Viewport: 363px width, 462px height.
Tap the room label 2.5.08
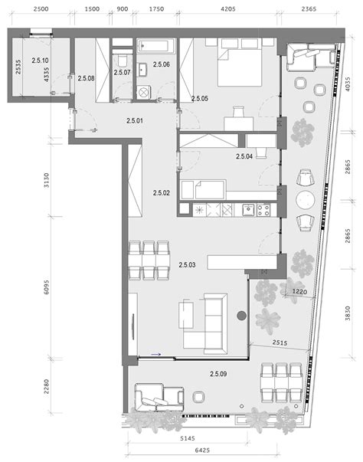pyautogui.click(x=87, y=77)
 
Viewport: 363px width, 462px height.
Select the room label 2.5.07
pyautogui.click(x=123, y=72)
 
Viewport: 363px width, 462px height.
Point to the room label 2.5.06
pyautogui.click(x=161, y=65)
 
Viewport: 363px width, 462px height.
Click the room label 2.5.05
pyautogui.click(x=200, y=99)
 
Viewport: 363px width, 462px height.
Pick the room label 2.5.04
pyautogui.click(x=244, y=156)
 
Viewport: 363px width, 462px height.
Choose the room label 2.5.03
pyautogui.click(x=187, y=264)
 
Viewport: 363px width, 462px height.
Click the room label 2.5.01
pyautogui.click(x=136, y=120)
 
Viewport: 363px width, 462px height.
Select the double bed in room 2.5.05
pyautogui.click(x=238, y=63)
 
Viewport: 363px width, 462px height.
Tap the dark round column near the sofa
pyautogui.click(x=242, y=314)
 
